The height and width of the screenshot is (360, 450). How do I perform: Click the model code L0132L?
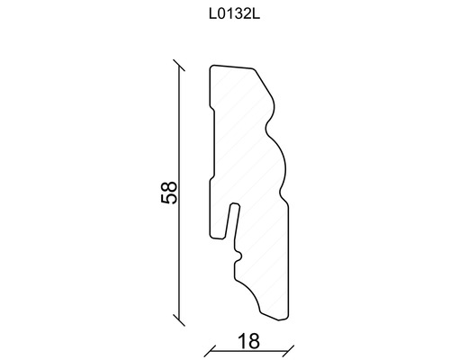[234, 14]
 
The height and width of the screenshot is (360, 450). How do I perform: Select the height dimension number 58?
[169, 193]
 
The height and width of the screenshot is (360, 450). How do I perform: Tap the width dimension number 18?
[248, 341]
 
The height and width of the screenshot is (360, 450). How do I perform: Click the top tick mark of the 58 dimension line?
[179, 66]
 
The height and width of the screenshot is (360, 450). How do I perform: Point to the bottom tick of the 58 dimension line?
[179, 319]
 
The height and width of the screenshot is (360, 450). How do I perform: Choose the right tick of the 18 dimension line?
[288, 350]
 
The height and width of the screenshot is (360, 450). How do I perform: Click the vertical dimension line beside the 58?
[179, 193]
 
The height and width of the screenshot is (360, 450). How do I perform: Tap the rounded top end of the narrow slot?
[234, 204]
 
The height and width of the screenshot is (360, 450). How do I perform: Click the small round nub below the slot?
[240, 256]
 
